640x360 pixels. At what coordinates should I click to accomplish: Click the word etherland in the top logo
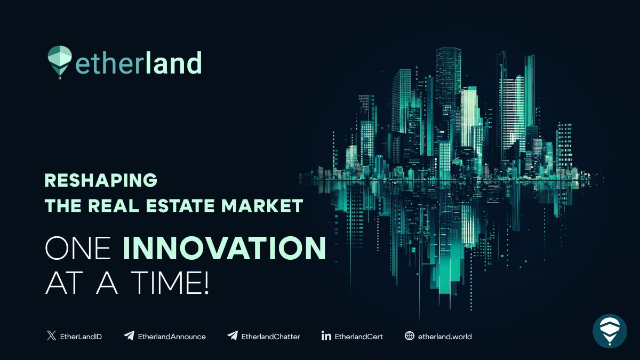(139, 62)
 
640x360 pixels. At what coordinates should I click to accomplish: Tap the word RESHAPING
(101, 180)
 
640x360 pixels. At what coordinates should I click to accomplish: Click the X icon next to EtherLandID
(51, 336)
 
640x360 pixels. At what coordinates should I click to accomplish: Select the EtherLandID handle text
(81, 337)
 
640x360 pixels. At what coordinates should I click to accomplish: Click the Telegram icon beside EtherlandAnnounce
(129, 336)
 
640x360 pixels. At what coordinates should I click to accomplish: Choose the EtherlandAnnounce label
(172, 337)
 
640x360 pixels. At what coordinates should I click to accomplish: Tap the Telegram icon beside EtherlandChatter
(232, 336)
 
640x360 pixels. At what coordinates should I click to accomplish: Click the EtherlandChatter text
(271, 337)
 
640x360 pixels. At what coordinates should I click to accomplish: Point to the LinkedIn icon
(326, 336)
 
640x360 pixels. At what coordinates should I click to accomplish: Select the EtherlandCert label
(359, 337)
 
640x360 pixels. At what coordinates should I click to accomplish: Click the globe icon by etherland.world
(410, 336)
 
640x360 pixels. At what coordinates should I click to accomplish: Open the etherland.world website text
(445, 337)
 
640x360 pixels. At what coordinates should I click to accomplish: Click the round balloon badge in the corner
(610, 331)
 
